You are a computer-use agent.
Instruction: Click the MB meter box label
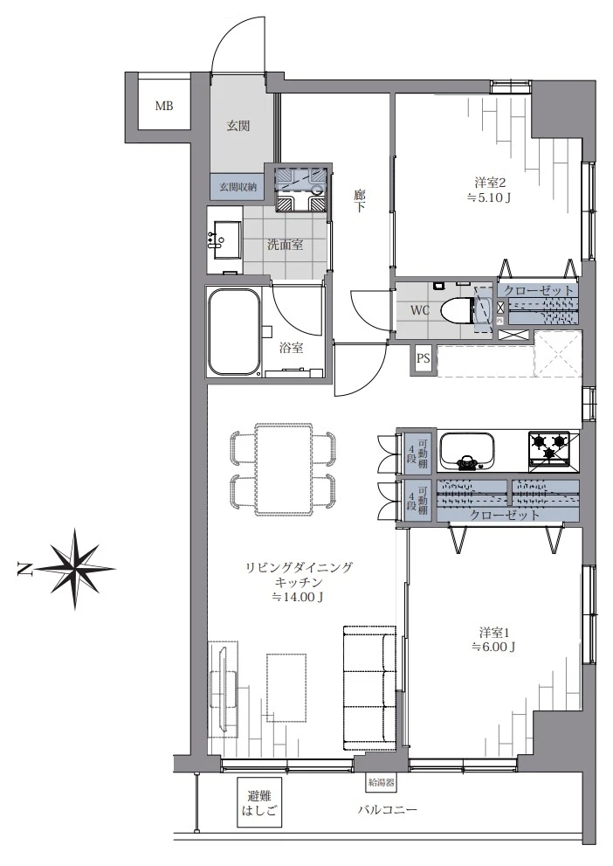pyautogui.click(x=164, y=106)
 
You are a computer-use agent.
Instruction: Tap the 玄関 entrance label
pyautogui.click(x=238, y=126)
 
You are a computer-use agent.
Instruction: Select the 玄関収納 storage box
pyautogui.click(x=238, y=187)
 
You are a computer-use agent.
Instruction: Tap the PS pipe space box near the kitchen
pyautogui.click(x=424, y=358)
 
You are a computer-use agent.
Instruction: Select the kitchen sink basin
pyautogui.click(x=466, y=450)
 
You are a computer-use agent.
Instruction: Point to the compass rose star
pyautogui.click(x=76, y=568)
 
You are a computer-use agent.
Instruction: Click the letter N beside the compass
pyautogui.click(x=24, y=569)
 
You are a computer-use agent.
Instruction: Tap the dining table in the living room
pyautogui.click(x=284, y=469)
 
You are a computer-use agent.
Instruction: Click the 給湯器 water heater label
pyautogui.click(x=381, y=782)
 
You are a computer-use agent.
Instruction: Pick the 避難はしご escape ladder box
pyautogui.click(x=260, y=802)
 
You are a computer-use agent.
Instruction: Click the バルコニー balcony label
pyautogui.click(x=388, y=810)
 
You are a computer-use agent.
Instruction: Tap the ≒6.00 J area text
pyautogui.click(x=493, y=647)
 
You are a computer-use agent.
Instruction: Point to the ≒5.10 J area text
pyautogui.click(x=489, y=197)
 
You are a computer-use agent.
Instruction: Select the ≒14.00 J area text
pyautogui.click(x=298, y=597)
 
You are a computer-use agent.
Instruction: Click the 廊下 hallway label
pyautogui.click(x=360, y=201)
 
